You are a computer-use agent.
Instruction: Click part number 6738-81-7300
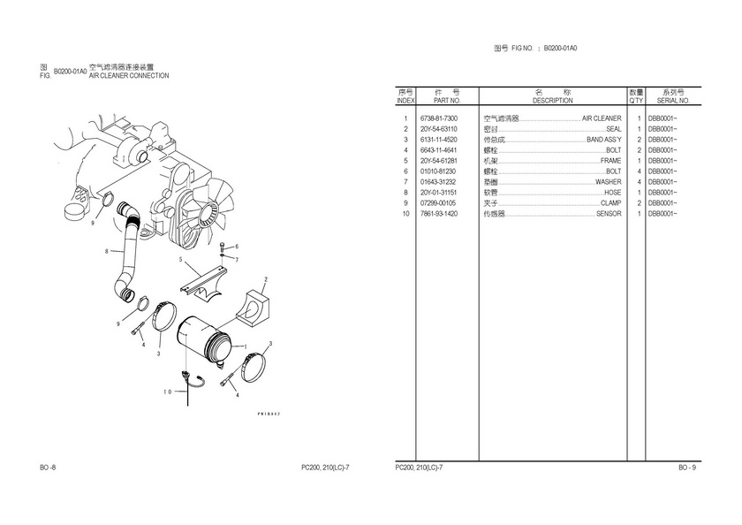coord(439,118)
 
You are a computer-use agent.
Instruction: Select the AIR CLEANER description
coord(602,118)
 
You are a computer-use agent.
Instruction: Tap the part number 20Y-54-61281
coord(439,161)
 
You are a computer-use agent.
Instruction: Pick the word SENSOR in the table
coord(609,214)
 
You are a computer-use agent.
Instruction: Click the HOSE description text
coord(612,193)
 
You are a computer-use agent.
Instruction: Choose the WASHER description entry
coord(608,182)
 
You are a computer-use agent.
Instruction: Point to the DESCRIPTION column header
coord(553,102)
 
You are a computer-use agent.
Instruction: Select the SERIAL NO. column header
coord(673,102)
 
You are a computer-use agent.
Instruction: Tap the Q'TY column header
coord(636,102)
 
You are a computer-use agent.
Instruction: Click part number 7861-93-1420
coord(439,214)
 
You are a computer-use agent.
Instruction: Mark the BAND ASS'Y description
coord(604,140)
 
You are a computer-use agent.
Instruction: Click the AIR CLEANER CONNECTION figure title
coord(129,76)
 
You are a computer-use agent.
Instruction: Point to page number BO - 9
coord(687,467)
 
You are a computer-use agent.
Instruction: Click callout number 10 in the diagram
coord(167,392)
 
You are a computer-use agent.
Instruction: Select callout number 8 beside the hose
coord(106,252)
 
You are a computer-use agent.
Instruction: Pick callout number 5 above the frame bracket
coord(181,260)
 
